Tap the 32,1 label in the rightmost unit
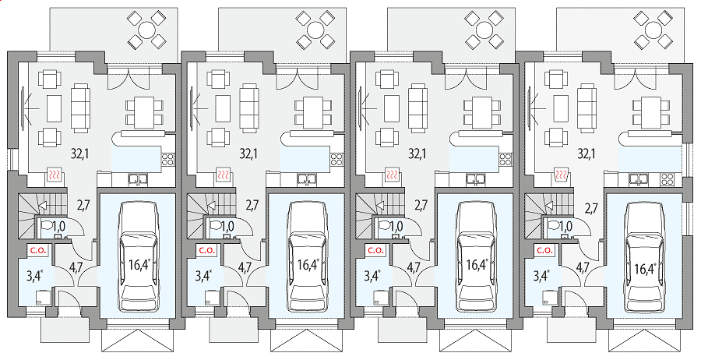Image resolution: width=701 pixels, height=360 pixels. point(586,154)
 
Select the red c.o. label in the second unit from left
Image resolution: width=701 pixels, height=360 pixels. point(206,250)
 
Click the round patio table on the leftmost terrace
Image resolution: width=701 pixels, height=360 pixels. point(147,30)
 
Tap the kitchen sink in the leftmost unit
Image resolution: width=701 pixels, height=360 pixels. point(138,179)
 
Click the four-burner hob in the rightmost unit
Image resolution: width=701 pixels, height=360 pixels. point(667,179)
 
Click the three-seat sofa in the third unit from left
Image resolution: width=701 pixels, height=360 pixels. point(418,108)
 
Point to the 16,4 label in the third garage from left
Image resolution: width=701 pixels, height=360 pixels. point(475,265)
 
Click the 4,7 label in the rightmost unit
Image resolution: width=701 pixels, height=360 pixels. point(582,268)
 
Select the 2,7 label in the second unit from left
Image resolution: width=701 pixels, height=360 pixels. point(252,205)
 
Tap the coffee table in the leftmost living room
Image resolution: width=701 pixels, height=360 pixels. point(55,108)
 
